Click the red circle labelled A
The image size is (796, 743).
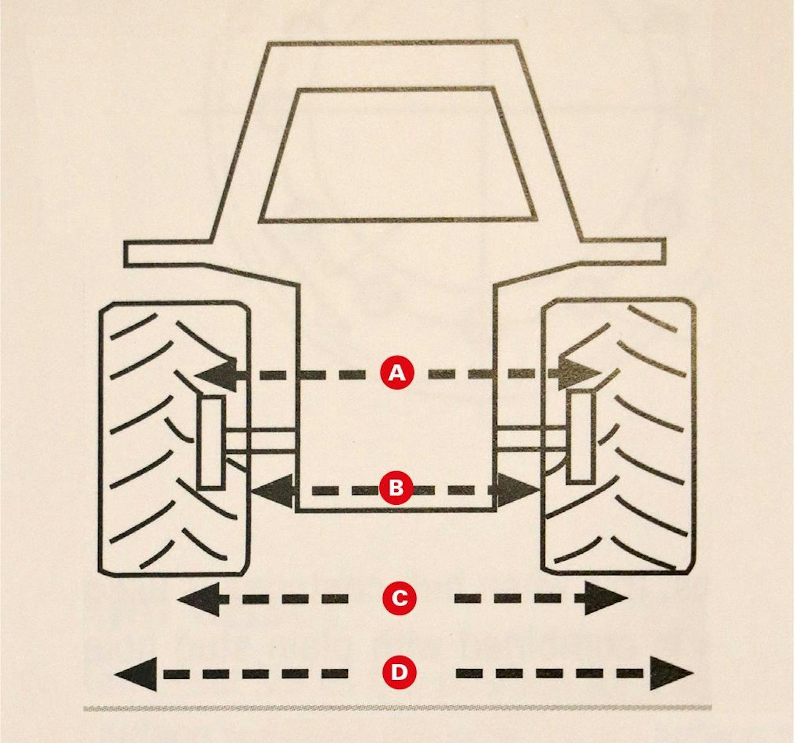[397, 374]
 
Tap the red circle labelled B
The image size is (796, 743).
[397, 489]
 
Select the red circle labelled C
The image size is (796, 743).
[399, 599]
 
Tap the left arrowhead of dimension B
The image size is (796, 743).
[273, 489]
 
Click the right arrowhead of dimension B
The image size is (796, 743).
[517, 489]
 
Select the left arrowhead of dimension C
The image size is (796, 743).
[198, 599]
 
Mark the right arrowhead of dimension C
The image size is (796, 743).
[606, 599]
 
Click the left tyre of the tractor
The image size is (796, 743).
[174, 439]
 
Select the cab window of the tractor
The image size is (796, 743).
[397, 154]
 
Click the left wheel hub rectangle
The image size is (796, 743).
[211, 443]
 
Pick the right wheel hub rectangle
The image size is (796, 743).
[581, 437]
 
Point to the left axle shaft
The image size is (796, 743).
[261, 441]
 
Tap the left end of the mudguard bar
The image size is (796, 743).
[125, 254]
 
